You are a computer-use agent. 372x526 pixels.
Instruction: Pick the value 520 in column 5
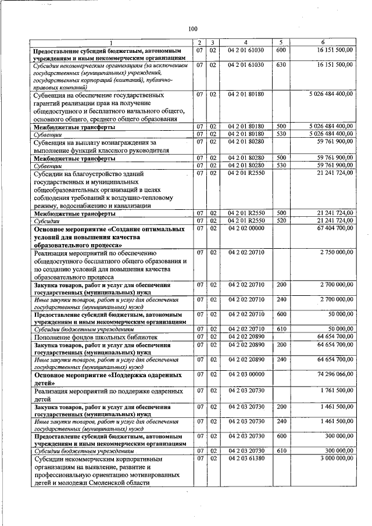(281, 220)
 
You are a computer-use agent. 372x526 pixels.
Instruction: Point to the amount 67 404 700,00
(331, 228)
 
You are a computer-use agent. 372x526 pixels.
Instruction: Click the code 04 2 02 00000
(246, 228)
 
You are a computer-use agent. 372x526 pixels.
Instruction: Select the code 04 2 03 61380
(246, 459)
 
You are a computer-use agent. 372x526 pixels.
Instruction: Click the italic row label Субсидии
(47, 220)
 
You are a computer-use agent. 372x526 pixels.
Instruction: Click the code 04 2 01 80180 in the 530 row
(246, 134)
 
